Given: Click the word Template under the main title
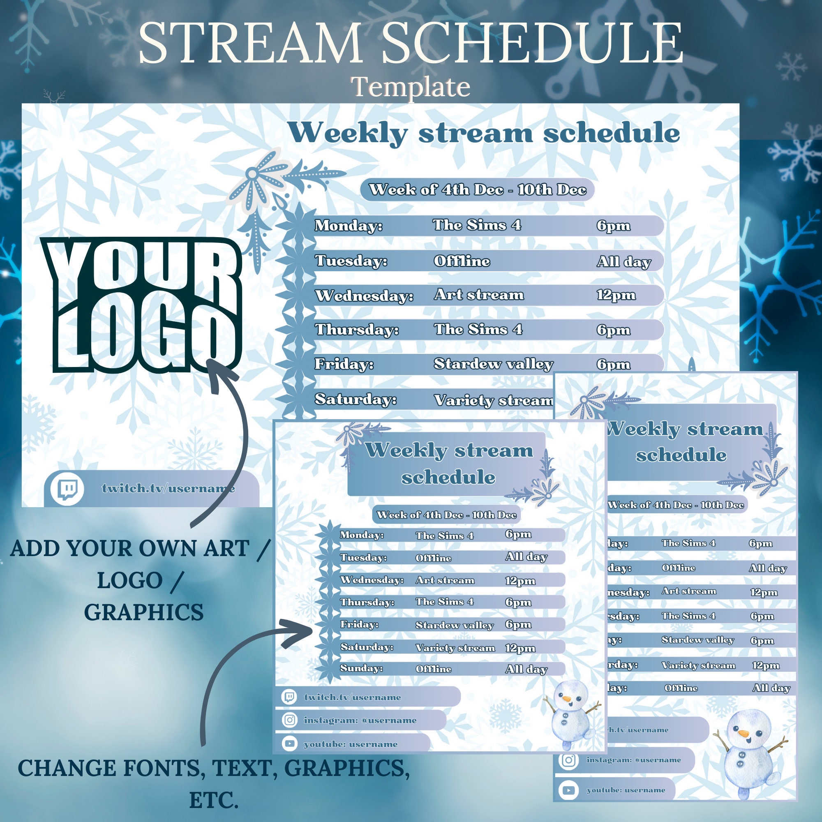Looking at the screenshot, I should [x=411, y=87].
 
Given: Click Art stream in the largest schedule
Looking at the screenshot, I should [x=479, y=295].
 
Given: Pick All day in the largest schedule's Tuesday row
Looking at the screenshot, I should [x=624, y=262].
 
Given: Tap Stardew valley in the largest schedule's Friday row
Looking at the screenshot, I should [x=493, y=364].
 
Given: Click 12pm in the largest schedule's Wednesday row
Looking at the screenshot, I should [x=616, y=295].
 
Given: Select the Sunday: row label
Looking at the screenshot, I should [x=361, y=668].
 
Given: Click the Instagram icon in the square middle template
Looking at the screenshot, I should [x=290, y=720].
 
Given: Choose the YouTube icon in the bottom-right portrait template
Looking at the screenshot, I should [x=568, y=790].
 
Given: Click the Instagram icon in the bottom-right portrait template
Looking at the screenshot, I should [x=568, y=760].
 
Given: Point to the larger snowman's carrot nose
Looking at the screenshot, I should [x=743, y=733].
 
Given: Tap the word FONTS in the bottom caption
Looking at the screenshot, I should [x=162, y=769].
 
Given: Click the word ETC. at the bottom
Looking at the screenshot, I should [x=214, y=800].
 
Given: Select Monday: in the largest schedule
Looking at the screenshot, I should [x=348, y=226].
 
